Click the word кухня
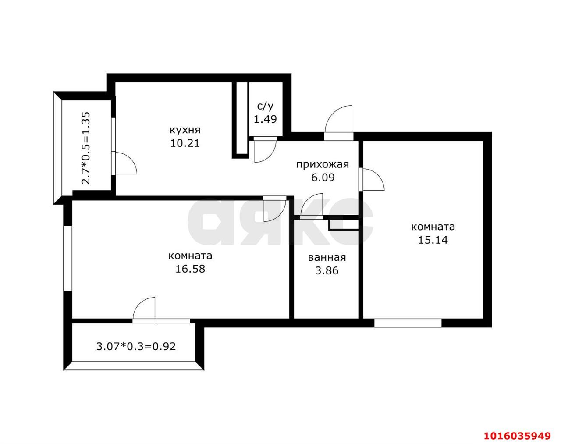point(185,130)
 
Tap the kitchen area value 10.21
point(185,143)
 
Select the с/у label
point(266,107)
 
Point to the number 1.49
point(266,119)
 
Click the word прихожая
point(323,165)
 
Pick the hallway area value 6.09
point(323,178)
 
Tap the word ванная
point(327,258)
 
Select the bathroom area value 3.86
point(327,270)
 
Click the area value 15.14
point(433,240)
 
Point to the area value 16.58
point(190,269)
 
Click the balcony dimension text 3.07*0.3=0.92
point(136,346)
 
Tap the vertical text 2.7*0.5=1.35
point(86,148)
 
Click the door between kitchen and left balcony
point(124,163)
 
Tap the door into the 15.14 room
point(372,180)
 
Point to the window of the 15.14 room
point(408,323)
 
